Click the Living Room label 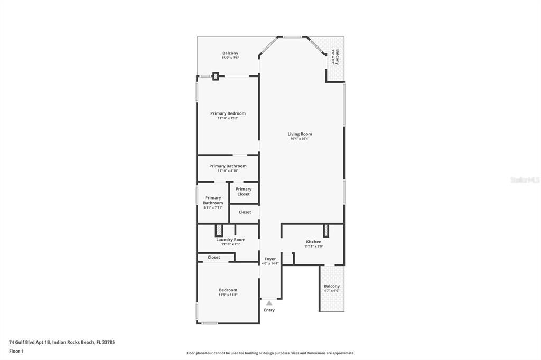coord(300,134)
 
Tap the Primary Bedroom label coord(228,113)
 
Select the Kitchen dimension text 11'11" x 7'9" coord(313,247)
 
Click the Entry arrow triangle coord(269,303)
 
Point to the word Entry coord(269,310)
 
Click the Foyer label coord(270,259)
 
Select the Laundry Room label coord(230,240)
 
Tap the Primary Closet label coord(244,192)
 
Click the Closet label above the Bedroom coord(213,257)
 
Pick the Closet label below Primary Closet coord(245,212)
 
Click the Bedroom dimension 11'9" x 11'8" coord(228,295)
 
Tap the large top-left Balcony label coord(230,53)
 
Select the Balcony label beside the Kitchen coord(332,286)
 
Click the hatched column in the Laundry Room coord(219,231)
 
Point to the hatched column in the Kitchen coord(326,230)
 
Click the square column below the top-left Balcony coord(216,76)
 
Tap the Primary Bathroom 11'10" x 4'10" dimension coord(228,171)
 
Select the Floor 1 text coord(17,351)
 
